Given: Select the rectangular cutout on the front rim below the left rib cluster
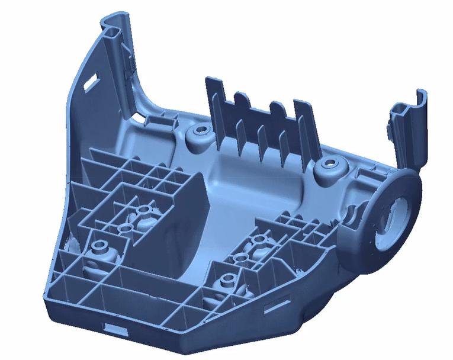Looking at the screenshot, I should tap(114, 328).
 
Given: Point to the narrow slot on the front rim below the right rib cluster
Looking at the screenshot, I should tap(274, 307).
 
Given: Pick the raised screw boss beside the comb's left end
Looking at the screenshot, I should tap(200, 133).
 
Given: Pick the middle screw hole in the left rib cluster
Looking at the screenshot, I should tap(124, 227).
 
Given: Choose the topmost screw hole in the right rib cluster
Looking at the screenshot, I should tap(259, 240).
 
